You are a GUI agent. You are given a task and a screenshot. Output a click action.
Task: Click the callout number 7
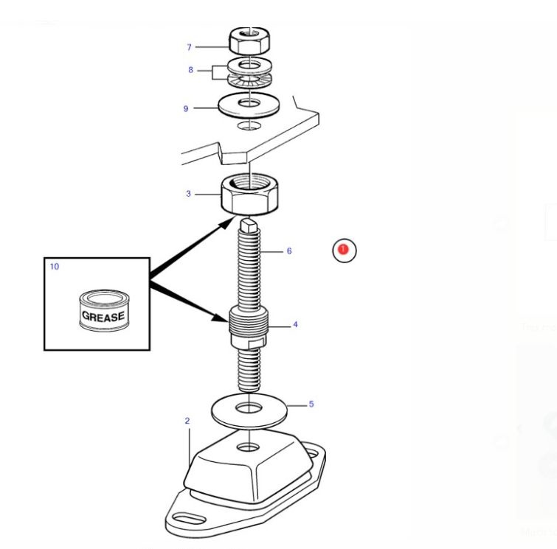tap(189, 47)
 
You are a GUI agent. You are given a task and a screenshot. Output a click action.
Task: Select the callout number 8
tap(190, 70)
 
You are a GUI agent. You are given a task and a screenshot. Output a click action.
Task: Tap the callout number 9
tap(186, 109)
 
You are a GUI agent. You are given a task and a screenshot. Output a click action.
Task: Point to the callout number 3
tap(188, 194)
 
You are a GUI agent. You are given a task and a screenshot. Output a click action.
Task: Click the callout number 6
tap(289, 251)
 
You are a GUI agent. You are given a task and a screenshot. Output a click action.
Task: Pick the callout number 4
tap(295, 324)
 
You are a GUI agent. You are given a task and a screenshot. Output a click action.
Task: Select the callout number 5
tap(311, 404)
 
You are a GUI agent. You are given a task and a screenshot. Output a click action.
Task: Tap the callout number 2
tap(187, 421)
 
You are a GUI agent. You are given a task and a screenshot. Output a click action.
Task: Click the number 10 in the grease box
tap(55, 266)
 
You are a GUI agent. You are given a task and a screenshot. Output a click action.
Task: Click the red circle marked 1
tap(343, 251)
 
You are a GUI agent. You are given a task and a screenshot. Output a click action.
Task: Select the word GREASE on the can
tap(103, 317)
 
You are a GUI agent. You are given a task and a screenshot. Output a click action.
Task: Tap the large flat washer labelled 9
tap(249, 105)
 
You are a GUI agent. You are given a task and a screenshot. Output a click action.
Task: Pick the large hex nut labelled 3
tap(250, 194)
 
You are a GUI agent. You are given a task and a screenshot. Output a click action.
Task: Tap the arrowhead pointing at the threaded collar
tap(223, 318)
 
